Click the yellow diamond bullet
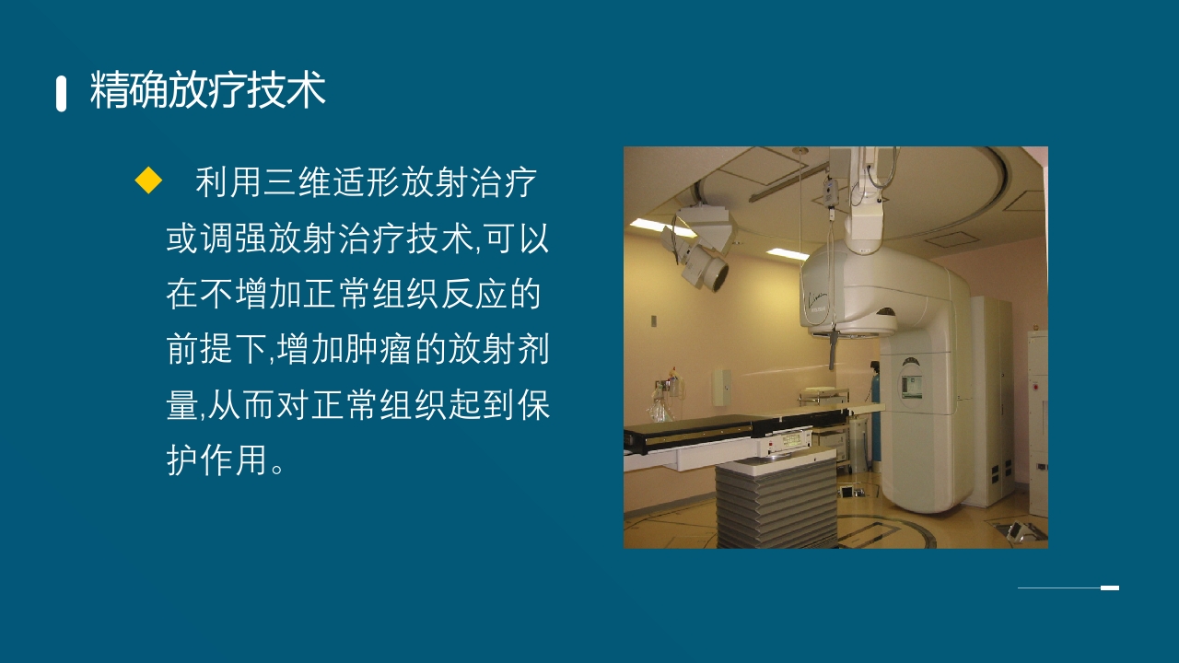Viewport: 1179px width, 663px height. click(148, 180)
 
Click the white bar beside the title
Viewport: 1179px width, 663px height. click(62, 94)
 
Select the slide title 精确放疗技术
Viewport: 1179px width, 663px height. click(208, 92)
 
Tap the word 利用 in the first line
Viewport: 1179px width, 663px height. click(221, 183)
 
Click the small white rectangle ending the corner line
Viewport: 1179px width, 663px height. click(1110, 587)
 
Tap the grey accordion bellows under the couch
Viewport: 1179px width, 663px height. click(775, 505)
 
